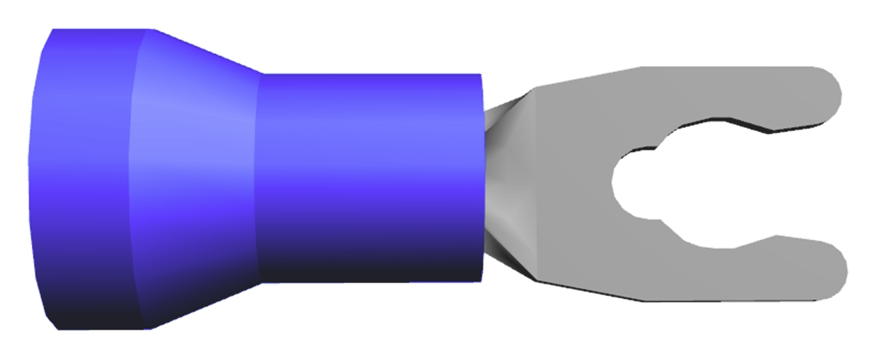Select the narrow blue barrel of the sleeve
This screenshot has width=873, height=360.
[x=371, y=167]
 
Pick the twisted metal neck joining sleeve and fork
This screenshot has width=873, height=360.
[x=506, y=182]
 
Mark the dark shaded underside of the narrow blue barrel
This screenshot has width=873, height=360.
[x=371, y=265]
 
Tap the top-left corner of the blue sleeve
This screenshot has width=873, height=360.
[x=52, y=31]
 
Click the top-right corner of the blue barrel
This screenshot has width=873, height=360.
[x=481, y=75]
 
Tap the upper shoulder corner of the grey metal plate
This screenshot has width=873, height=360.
[x=535, y=88]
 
